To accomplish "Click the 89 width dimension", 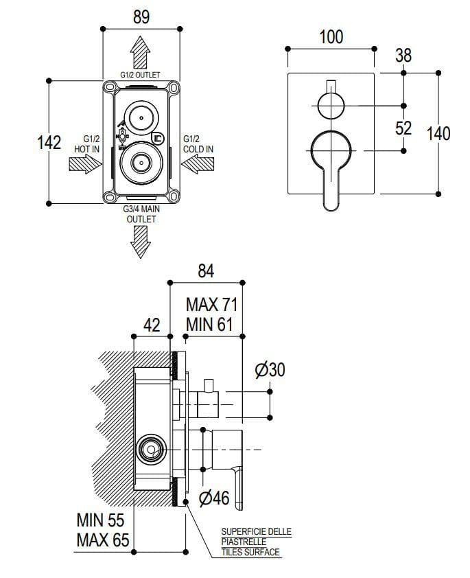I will (141, 17).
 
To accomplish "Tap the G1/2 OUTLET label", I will (141, 74).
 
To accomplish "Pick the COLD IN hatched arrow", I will (198, 164).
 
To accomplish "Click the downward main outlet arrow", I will (141, 240).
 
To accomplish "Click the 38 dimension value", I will (403, 56).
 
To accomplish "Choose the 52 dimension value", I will (403, 128).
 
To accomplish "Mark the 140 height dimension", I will (439, 132).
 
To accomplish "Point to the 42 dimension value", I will (151, 324).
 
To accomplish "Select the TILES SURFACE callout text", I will (250, 552).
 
